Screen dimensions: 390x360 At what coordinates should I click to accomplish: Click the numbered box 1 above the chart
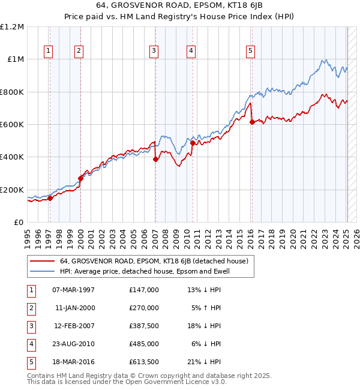pos(48,51)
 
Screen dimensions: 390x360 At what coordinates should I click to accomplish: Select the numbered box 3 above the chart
pos(154,51)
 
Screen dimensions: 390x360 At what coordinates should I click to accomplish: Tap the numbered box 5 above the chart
pos(250,51)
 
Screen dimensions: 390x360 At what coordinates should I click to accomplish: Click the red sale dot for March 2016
pos(252,122)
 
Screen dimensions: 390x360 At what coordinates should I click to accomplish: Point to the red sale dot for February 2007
pos(155,160)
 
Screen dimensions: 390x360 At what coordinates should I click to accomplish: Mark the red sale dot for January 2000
pos(80,178)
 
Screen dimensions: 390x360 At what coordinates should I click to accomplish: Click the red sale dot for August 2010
pos(193,143)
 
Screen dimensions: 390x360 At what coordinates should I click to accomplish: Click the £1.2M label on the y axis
pos(12,27)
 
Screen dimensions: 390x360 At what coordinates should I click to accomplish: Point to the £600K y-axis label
pos(12,125)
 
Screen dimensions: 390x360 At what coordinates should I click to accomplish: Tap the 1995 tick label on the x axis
pos(27,236)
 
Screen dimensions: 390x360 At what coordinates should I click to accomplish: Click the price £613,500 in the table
pos(144,362)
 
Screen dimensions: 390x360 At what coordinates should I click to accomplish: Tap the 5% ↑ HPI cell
pos(206,308)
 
